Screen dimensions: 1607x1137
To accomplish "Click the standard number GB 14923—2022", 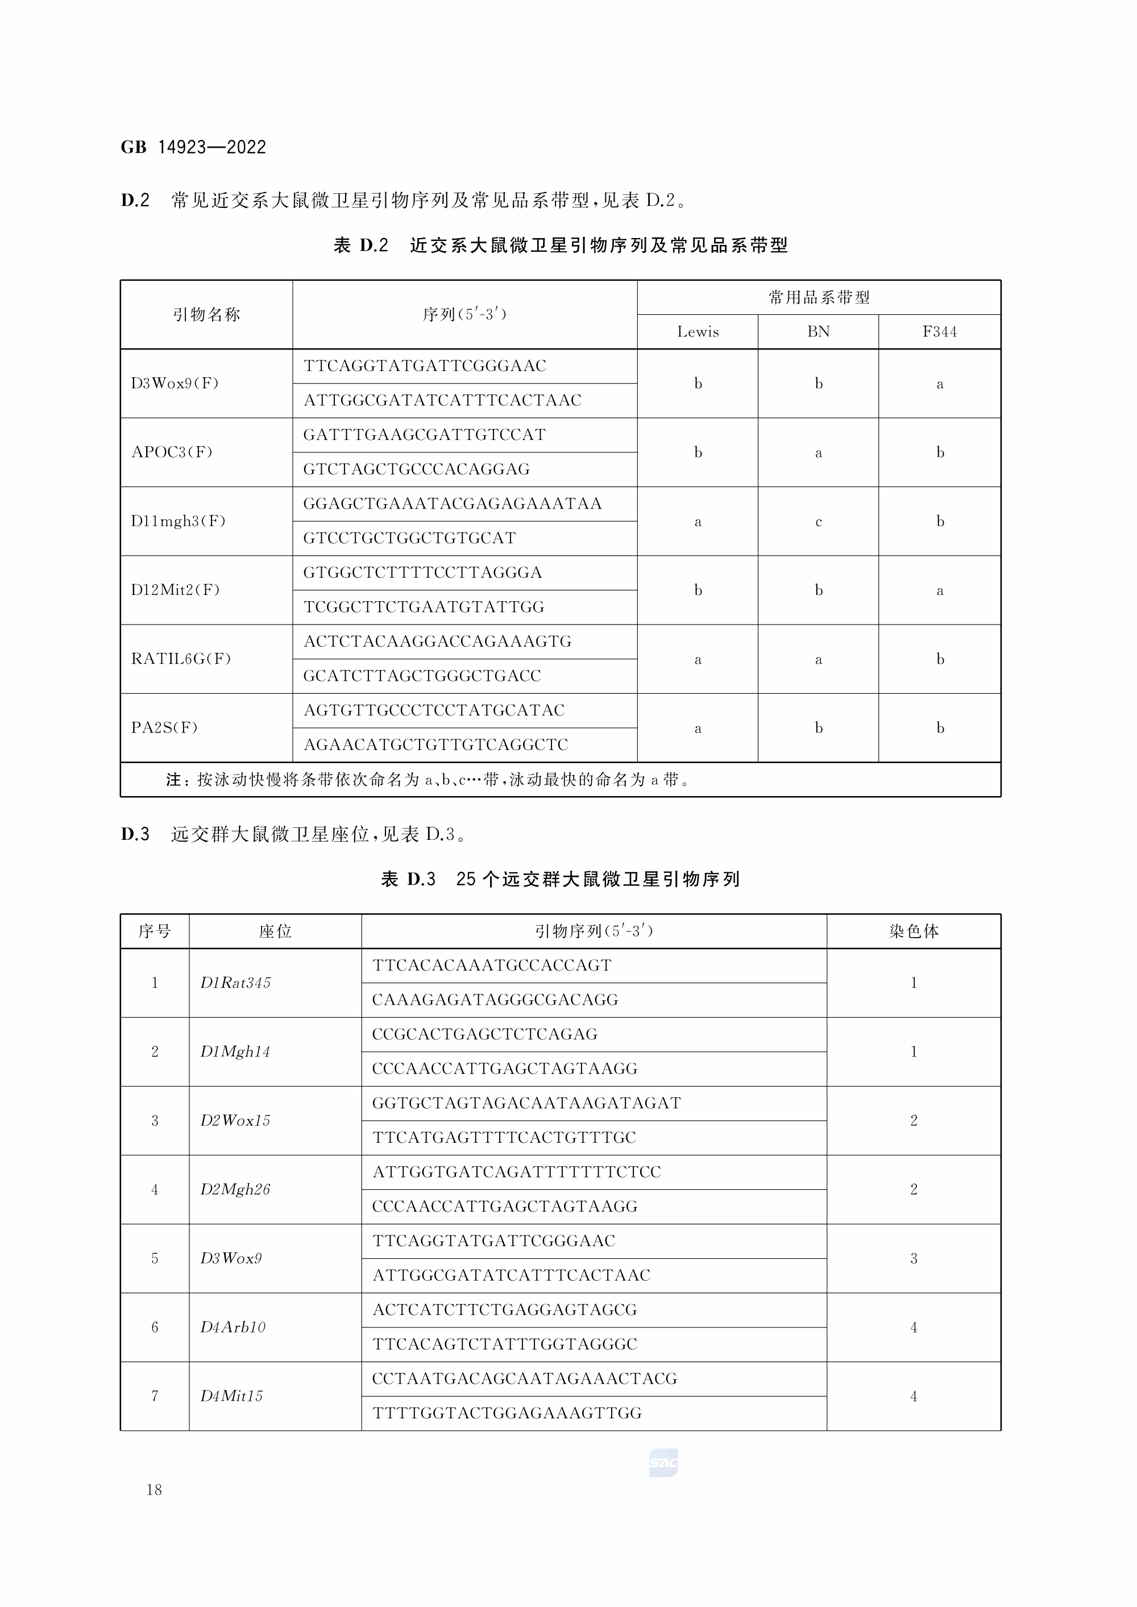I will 193,147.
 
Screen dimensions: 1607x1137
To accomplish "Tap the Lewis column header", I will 698,332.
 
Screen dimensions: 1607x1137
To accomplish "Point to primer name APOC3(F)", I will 172,452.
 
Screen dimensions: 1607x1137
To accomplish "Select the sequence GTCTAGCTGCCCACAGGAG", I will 416,469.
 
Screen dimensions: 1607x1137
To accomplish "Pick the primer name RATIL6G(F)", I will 181,659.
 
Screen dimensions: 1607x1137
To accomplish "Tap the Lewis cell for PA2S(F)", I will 698,728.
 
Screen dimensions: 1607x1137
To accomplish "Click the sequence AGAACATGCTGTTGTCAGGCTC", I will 435,745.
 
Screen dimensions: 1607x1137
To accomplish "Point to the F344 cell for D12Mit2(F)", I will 940,590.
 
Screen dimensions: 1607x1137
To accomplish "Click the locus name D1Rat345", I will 235,982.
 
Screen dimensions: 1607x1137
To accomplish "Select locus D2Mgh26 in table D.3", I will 235,1189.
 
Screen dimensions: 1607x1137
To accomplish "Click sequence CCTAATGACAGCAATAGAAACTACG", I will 524,1379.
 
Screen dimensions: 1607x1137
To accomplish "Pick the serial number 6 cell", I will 155,1327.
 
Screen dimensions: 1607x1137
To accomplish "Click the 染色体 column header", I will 913,931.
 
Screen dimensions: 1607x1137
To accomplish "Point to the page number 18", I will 154,1490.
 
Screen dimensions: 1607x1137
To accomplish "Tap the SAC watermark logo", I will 663,1463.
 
